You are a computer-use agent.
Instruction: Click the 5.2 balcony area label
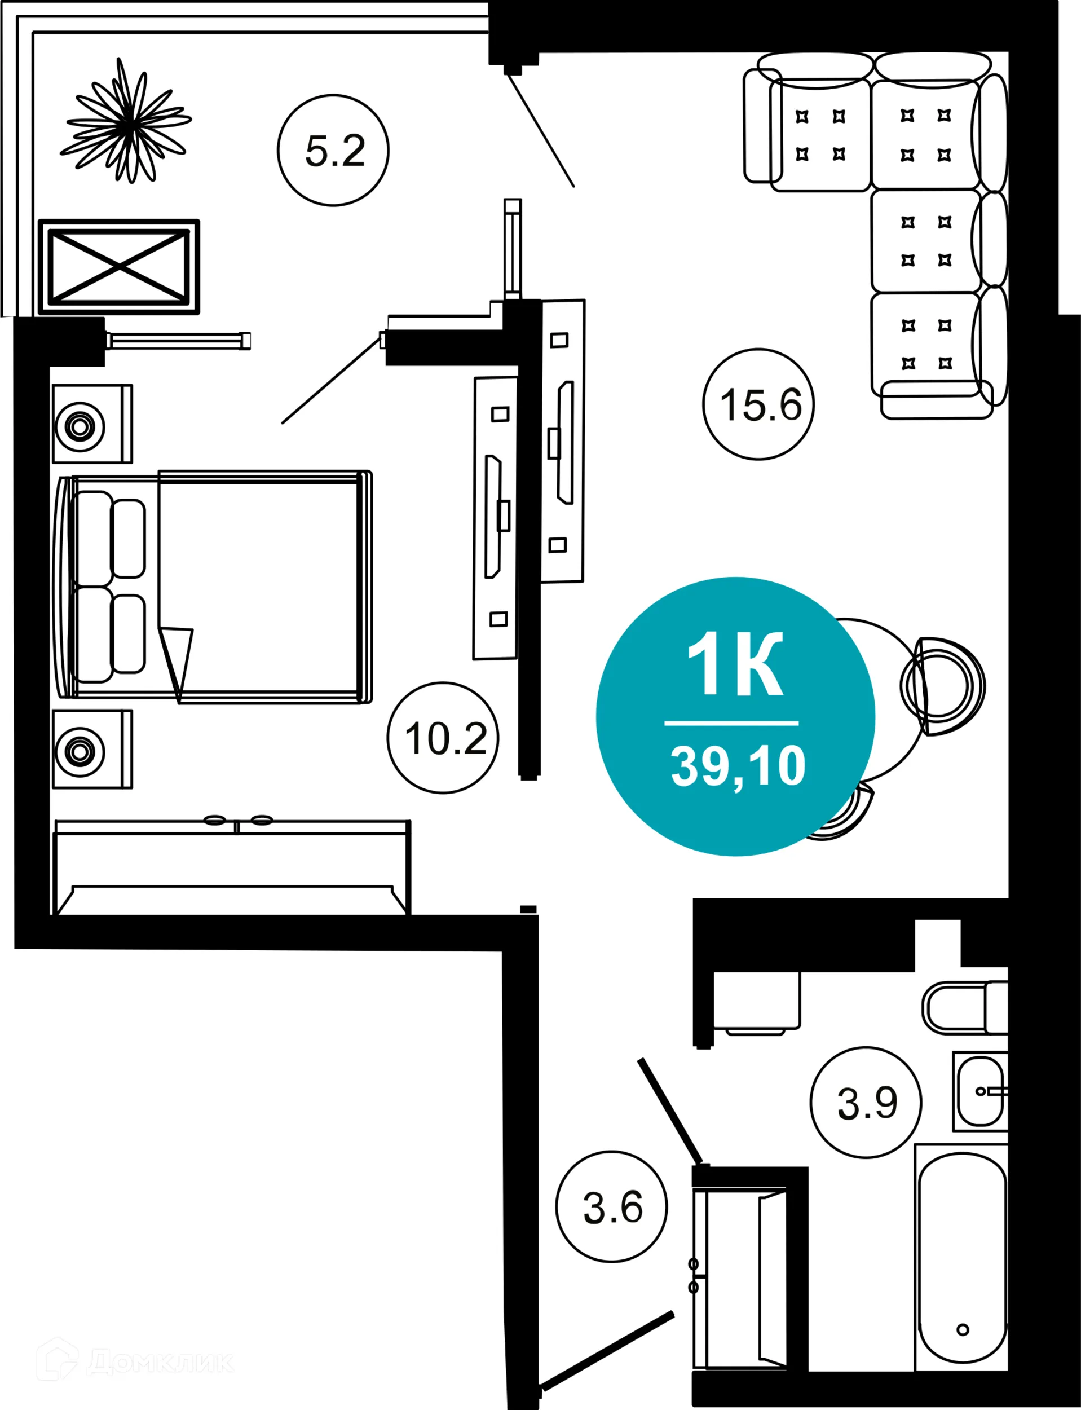pyautogui.click(x=333, y=151)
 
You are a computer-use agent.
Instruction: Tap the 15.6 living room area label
pyautogui.click(x=759, y=405)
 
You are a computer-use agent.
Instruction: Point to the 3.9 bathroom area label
pyautogui.click(x=866, y=1103)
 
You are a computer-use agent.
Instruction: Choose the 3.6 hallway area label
pyautogui.click(x=612, y=1206)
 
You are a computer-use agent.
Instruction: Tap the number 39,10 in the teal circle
pyautogui.click(x=738, y=766)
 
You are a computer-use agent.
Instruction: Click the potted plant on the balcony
pyautogui.click(x=129, y=121)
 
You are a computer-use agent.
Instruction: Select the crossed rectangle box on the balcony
pyautogui.click(x=119, y=266)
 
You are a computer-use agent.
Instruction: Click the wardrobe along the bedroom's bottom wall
pyautogui.click(x=232, y=869)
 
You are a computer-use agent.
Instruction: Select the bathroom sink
pyautogui.click(x=979, y=1091)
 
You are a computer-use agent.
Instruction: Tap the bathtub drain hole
pyautogui.click(x=963, y=1329)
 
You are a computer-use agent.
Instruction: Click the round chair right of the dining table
pyautogui.click(x=943, y=686)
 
